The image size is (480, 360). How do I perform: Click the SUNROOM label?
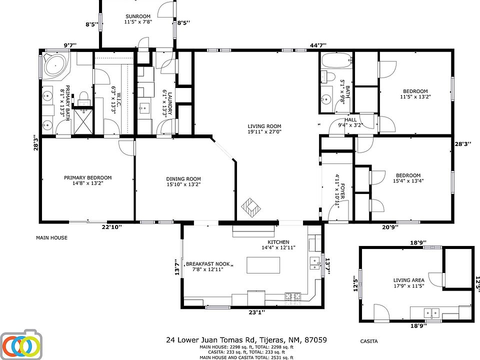click(x=138, y=16)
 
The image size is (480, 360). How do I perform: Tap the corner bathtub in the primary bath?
click(x=55, y=65)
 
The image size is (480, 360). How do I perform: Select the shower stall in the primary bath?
click(x=83, y=121)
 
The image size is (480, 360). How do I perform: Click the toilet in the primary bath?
click(x=83, y=98)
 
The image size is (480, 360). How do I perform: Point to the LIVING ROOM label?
click(x=264, y=126)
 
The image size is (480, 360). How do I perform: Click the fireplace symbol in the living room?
click(x=251, y=208)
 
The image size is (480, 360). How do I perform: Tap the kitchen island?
click(x=263, y=265)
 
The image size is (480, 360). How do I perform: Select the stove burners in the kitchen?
click(x=292, y=296)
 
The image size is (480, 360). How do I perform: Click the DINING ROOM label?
click(x=183, y=179)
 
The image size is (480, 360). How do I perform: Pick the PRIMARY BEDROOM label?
click(x=87, y=177)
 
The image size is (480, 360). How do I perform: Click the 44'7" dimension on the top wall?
click(x=318, y=45)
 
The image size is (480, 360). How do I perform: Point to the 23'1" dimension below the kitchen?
click(x=256, y=312)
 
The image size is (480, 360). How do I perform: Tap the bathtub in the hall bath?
click(x=336, y=60)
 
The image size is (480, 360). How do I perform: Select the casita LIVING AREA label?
click(x=408, y=280)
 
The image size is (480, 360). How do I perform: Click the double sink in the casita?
click(x=431, y=313)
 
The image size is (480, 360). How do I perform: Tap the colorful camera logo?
click(x=21, y=345)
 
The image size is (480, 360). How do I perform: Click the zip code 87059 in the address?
click(x=315, y=340)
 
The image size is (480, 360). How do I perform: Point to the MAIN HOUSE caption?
click(x=51, y=237)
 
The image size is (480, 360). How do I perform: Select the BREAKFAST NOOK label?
click(x=208, y=264)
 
